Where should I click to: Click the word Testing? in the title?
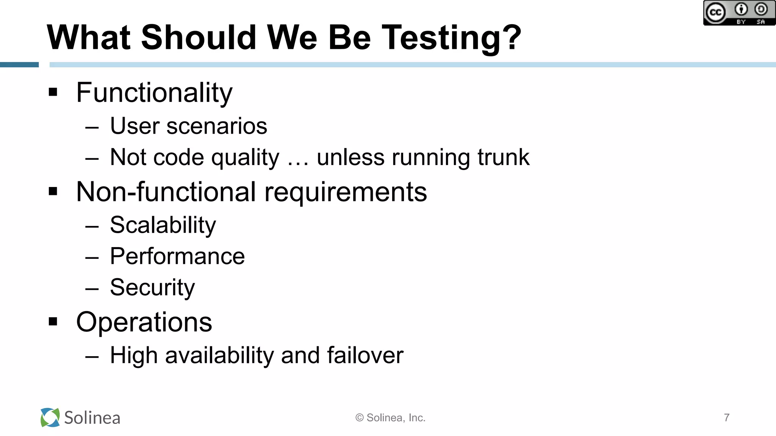click(x=451, y=38)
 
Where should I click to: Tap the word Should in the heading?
click(x=199, y=37)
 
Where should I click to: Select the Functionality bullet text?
click(x=154, y=93)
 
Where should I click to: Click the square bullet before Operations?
click(x=53, y=322)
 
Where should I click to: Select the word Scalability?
click(x=163, y=226)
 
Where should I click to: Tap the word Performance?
click(x=177, y=257)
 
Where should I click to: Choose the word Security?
click(x=152, y=288)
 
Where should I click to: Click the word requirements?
click(x=346, y=192)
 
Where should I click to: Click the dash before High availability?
click(x=92, y=357)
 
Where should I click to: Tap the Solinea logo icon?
click(x=50, y=417)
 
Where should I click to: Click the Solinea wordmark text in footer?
click(x=92, y=418)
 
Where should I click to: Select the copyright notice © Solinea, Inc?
click(x=390, y=418)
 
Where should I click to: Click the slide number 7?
click(x=726, y=417)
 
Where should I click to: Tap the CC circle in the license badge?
click(x=715, y=13)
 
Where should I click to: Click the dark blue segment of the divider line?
click(x=19, y=65)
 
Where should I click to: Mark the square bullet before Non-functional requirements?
click(x=53, y=192)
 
